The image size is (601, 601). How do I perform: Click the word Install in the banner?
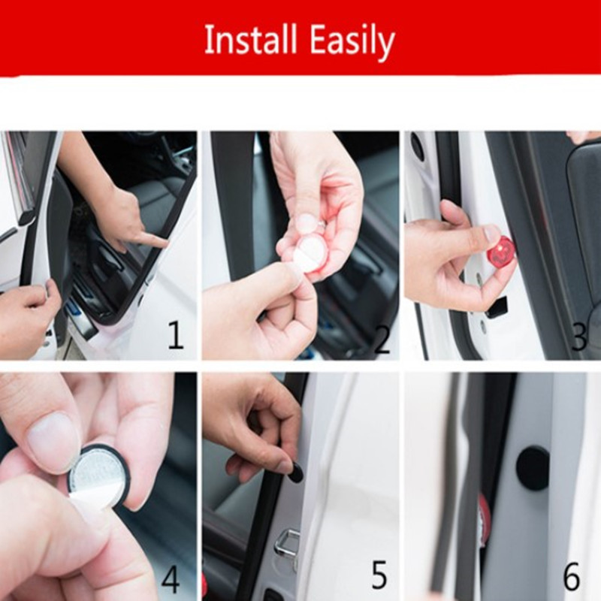pos(251,40)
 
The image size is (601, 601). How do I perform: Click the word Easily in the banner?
pos(352,41)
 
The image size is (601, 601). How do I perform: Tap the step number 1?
pos(176,334)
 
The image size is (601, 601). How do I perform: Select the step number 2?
pos(382,339)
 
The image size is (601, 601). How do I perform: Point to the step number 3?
pos(578,336)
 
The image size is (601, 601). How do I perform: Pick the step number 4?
pos(171,578)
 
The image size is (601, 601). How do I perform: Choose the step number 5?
pos(379,575)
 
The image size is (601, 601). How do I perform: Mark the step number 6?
pos(571,576)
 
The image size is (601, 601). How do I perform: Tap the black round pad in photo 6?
pos(533,469)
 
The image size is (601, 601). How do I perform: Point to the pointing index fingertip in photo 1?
pos(162,243)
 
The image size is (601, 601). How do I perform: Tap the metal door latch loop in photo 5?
pos(288,543)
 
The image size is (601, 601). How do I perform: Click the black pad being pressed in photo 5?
pos(296,473)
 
